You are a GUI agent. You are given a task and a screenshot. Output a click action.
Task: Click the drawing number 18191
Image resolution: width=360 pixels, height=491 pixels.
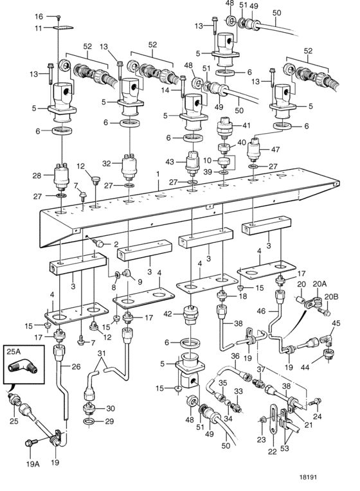pos(308,478)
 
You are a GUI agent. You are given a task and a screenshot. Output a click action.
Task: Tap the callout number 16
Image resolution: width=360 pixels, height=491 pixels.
pos(39,16)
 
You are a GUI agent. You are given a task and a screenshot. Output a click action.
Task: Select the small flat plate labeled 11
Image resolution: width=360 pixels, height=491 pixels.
pos(63,28)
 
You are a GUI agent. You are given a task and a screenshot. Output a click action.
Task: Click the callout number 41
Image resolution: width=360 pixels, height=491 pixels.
pos(247,125)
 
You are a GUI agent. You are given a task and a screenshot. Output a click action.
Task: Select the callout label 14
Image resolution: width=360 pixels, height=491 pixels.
pos(174,91)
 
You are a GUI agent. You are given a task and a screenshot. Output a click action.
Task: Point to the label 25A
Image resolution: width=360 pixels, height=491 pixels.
pos(14,352)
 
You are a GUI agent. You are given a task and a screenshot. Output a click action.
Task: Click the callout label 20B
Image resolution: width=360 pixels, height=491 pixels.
pos(331,296)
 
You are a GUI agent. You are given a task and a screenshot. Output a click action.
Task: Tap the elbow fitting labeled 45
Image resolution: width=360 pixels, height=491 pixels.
pos(328,339)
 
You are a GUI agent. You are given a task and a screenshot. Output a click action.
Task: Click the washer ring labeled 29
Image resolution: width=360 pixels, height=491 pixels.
pos(90,422)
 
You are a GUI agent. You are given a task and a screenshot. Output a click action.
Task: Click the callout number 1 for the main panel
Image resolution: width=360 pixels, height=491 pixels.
pos(158,174)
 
